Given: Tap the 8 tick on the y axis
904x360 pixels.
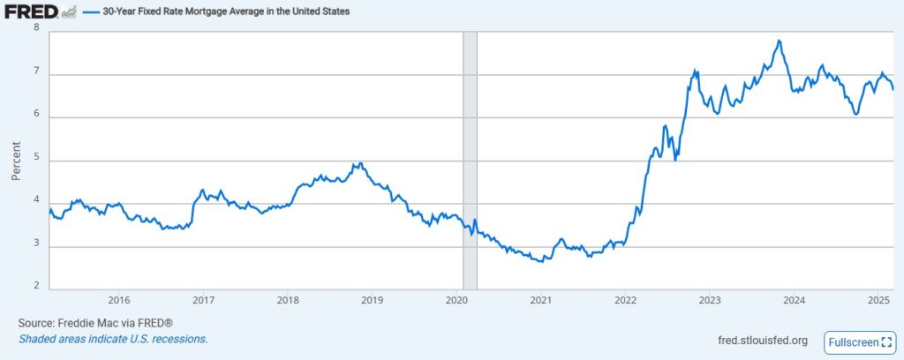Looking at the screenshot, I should point(36,28).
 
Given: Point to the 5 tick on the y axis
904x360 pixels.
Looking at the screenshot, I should point(36,161).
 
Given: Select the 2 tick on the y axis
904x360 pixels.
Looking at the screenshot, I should point(36,286).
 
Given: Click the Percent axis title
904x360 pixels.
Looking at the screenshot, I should point(15,161).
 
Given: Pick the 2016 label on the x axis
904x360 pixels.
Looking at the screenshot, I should point(118,300).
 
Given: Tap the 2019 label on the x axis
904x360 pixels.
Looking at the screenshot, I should point(372,300).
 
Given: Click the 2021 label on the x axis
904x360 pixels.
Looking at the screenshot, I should point(540,300).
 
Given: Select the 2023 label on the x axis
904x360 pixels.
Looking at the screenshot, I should point(709,300).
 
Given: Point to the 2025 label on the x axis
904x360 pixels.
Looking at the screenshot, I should point(878,300).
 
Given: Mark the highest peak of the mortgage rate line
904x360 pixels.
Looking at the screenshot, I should point(779,41).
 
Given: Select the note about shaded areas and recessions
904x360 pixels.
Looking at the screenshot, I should point(113,339).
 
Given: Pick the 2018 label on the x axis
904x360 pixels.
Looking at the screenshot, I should point(287,300).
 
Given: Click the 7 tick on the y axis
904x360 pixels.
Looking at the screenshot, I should point(36,75).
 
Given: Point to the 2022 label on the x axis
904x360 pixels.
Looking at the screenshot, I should point(624,300).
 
